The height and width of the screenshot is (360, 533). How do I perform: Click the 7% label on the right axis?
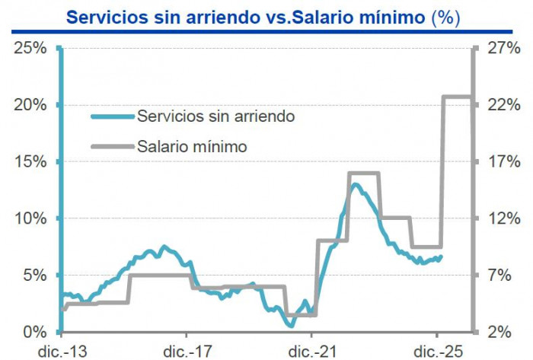(500, 276)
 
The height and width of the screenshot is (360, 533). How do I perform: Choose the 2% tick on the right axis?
(500, 332)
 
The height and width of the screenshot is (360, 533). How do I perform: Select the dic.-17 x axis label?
(187, 351)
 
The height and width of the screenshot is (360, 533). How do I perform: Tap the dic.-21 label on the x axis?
(312, 351)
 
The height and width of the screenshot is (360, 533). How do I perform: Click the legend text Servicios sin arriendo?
(215, 116)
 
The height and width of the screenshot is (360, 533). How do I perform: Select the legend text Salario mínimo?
(192, 146)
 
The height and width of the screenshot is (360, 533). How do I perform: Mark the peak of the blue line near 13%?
(354, 184)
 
